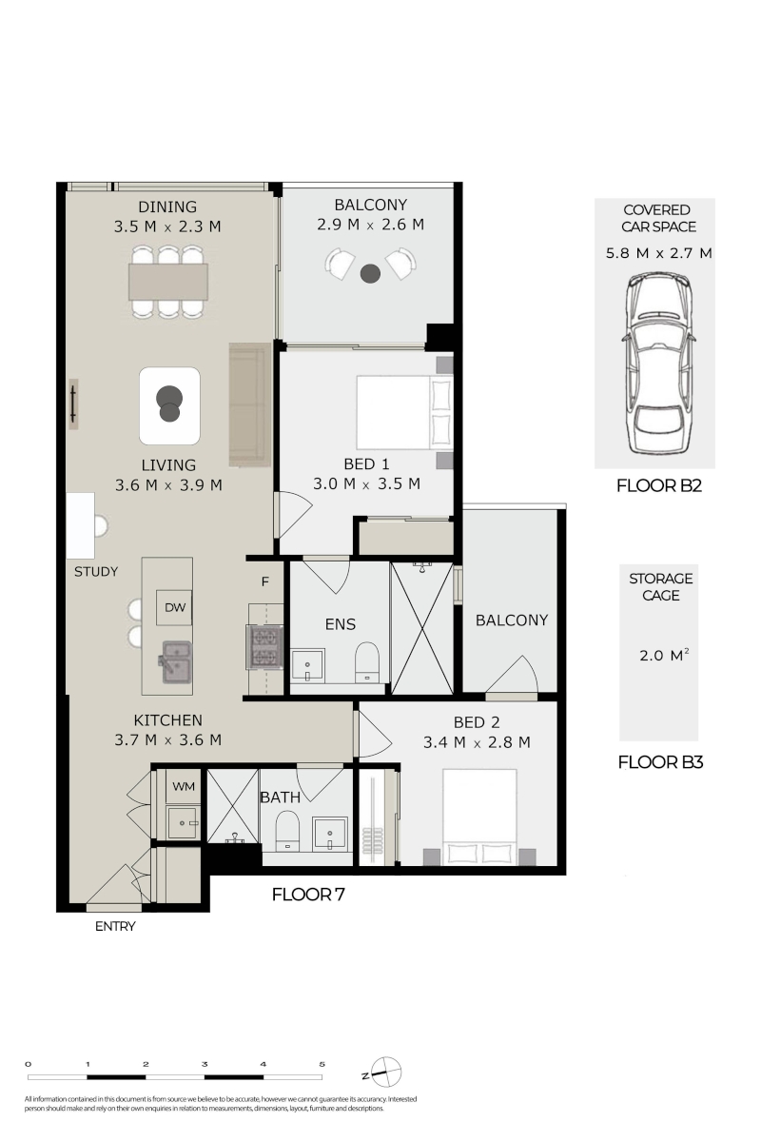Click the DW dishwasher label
point(175,607)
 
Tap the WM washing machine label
point(184,786)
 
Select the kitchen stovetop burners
point(264,647)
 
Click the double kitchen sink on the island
point(177,661)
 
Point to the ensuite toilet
point(367,661)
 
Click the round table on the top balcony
point(370,274)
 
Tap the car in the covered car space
point(659,363)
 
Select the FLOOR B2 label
point(659,486)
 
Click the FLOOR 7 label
point(308,895)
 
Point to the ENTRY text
point(115,926)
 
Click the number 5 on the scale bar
point(322,1064)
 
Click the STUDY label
point(96,572)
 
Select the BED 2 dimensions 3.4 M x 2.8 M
point(477,742)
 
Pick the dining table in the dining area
point(168,282)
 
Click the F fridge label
point(265,581)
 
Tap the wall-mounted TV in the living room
point(73,404)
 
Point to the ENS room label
point(340,624)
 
